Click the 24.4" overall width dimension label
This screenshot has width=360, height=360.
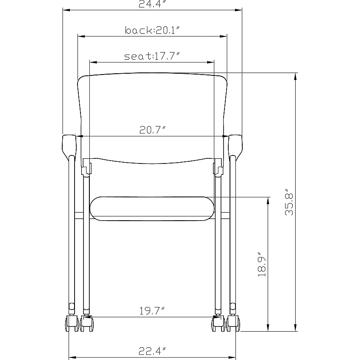152,4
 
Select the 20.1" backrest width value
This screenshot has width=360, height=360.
167,30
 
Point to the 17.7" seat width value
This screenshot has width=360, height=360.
167,56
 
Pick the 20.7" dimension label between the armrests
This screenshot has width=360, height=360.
152,130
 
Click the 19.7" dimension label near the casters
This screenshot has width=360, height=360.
152,311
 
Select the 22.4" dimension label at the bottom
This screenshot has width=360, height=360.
152,351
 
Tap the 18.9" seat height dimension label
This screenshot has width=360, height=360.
262,264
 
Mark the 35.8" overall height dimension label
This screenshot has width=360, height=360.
289,202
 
